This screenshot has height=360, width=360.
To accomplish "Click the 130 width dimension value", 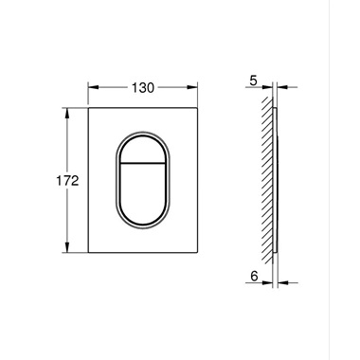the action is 143,88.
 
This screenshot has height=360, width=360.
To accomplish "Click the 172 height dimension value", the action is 67,181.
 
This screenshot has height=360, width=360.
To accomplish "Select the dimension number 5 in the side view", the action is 253,81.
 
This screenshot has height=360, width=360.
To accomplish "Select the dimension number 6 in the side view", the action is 254,277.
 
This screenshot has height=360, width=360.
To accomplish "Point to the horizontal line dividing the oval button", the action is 142,163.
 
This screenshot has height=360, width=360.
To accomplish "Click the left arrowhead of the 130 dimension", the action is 94,87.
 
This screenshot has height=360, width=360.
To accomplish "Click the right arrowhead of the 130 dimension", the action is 192,87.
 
